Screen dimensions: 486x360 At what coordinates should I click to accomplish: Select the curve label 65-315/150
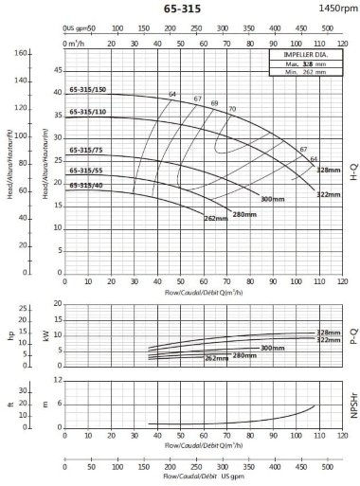pyautogui.click(x=87, y=90)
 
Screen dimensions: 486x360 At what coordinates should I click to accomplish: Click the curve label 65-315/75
pyautogui.click(x=85, y=150)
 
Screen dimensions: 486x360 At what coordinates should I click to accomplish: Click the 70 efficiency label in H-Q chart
pyautogui.click(x=231, y=110)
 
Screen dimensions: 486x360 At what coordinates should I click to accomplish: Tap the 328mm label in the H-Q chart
pyautogui.click(x=327, y=170)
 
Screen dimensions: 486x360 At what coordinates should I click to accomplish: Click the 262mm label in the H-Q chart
pyautogui.click(x=215, y=219)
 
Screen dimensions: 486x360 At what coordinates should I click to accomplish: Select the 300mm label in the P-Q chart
pyautogui.click(x=272, y=348)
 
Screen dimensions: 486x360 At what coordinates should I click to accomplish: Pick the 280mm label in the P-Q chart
pyautogui.click(x=244, y=355)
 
